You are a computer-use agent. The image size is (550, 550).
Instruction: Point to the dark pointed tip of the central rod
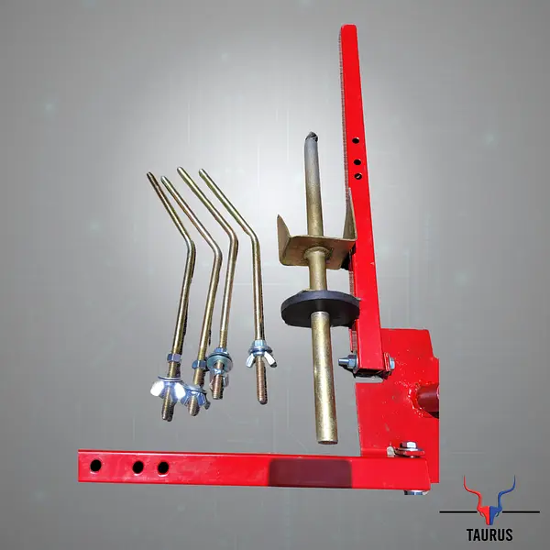point(313,137)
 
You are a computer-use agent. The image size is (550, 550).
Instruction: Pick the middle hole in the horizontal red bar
point(137,467)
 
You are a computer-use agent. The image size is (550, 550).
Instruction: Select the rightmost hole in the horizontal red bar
point(163,467)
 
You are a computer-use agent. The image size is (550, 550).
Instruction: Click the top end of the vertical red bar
point(347,29)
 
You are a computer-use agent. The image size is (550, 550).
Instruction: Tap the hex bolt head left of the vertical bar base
point(346,362)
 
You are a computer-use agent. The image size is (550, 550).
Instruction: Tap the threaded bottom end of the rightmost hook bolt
point(262,396)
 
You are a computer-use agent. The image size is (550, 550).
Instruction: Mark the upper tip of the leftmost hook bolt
point(150,175)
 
